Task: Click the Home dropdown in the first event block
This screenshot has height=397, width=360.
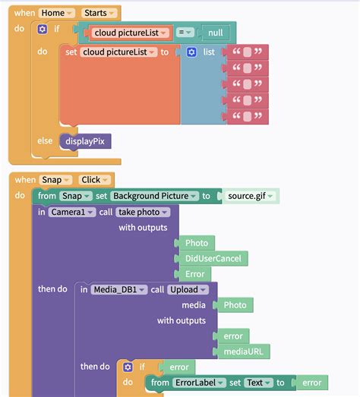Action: pyautogui.click(x=56, y=13)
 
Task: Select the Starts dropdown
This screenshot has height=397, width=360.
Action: pyautogui.click(x=99, y=13)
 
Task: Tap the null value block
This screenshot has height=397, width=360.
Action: pyautogui.click(x=216, y=33)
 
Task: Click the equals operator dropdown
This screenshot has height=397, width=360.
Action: pyautogui.click(x=185, y=33)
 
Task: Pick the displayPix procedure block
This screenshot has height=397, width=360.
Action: pyautogui.click(x=85, y=141)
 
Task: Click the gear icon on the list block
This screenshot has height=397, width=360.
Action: pyautogui.click(x=191, y=52)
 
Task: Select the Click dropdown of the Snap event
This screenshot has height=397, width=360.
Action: pyautogui.click(x=94, y=180)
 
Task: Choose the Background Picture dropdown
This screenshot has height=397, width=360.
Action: pyautogui.click(x=154, y=196)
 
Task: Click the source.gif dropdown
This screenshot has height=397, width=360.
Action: pyautogui.click(x=251, y=196)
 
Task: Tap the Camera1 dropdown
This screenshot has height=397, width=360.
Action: pyautogui.click(x=72, y=212)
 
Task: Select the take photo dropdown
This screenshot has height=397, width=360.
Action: pyautogui.click(x=143, y=212)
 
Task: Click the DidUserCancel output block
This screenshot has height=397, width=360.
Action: pyautogui.click(x=213, y=259)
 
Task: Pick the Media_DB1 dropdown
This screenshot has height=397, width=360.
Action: pyautogui.click(x=119, y=289)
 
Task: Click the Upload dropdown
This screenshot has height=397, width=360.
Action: pyautogui.click(x=188, y=289)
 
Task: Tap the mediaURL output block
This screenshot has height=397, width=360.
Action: pyautogui.click(x=243, y=351)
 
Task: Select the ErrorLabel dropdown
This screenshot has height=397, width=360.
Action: pyautogui.click(x=199, y=383)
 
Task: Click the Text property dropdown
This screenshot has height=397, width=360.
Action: pyautogui.click(x=258, y=383)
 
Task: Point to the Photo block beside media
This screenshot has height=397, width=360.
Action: pyautogui.click(x=235, y=305)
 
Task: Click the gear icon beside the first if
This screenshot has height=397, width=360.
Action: pyautogui.click(x=43, y=29)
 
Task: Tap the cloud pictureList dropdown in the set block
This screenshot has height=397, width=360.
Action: pyautogui.click(x=118, y=52)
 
